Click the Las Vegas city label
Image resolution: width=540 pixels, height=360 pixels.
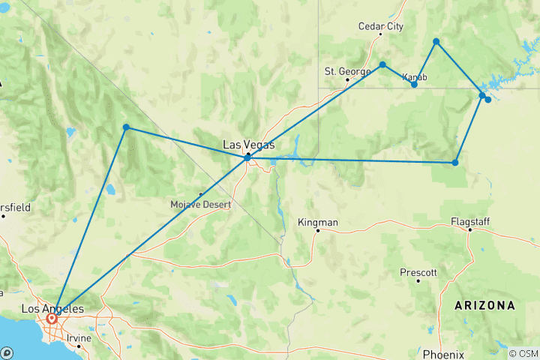point(249,145)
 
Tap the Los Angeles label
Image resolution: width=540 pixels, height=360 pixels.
point(52,308)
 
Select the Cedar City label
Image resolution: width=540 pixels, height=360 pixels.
point(380,26)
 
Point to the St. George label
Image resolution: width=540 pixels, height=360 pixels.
point(347,71)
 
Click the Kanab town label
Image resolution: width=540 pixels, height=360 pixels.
point(415,76)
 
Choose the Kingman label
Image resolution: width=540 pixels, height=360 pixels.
point(318,223)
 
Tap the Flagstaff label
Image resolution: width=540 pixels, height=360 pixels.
point(470,221)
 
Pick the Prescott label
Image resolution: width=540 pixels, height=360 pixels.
point(418,272)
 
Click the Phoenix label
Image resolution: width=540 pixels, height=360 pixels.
point(443,354)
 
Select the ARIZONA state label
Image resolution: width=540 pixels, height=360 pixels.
point(484,306)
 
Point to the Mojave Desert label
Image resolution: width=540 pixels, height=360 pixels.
point(201,204)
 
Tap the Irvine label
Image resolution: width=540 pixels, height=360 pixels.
point(79,338)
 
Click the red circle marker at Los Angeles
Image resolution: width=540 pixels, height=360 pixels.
point(52,319)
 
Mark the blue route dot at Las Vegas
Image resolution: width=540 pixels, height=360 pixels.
point(247,157)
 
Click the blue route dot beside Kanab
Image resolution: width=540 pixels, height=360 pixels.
point(414,85)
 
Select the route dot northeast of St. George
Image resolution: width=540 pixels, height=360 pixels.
point(382,64)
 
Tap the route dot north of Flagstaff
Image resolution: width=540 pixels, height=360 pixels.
point(455,162)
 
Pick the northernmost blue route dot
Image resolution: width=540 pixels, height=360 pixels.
point(436,41)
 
